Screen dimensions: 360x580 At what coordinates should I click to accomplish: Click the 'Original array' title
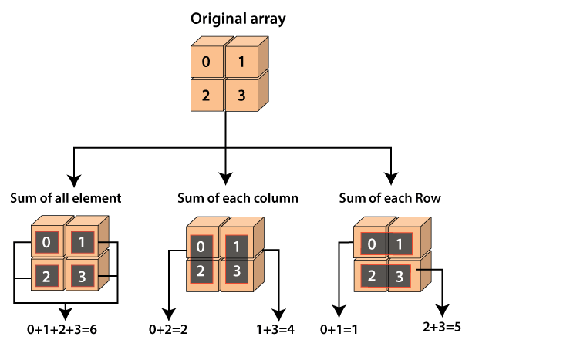[x=238, y=19]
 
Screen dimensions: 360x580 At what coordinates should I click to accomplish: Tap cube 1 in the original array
[x=241, y=62]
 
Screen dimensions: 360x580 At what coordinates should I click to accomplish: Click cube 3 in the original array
[x=241, y=96]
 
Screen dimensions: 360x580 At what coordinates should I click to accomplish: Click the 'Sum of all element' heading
[x=66, y=198]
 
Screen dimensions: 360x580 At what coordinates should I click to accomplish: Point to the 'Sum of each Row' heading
[x=390, y=198]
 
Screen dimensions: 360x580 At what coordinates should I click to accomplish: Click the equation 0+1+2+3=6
[x=62, y=330]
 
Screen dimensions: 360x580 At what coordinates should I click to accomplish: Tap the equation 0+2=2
[x=169, y=330]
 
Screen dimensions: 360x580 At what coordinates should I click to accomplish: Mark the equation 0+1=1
[x=339, y=330]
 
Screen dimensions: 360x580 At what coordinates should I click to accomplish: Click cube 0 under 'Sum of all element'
[x=46, y=243]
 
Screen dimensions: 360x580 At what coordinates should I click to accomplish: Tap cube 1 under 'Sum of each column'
[x=238, y=248]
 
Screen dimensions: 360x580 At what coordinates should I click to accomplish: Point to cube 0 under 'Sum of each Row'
[x=371, y=244]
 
